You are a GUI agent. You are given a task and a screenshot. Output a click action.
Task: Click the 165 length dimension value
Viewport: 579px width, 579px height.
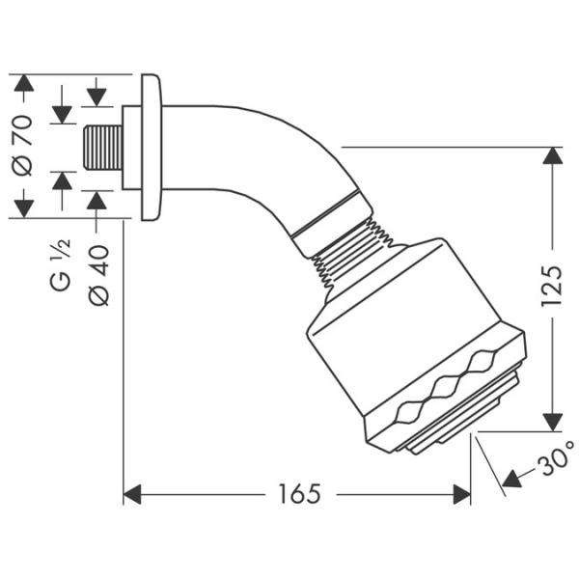pyautogui.click(x=295, y=494)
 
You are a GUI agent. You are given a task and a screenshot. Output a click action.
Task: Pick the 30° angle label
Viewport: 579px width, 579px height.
pyautogui.click(x=555, y=465)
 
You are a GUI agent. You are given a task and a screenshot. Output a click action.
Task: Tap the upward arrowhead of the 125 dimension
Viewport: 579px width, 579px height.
pyautogui.click(x=551, y=156)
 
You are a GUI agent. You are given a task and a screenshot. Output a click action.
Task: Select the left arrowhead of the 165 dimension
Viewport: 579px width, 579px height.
pyautogui.click(x=134, y=495)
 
